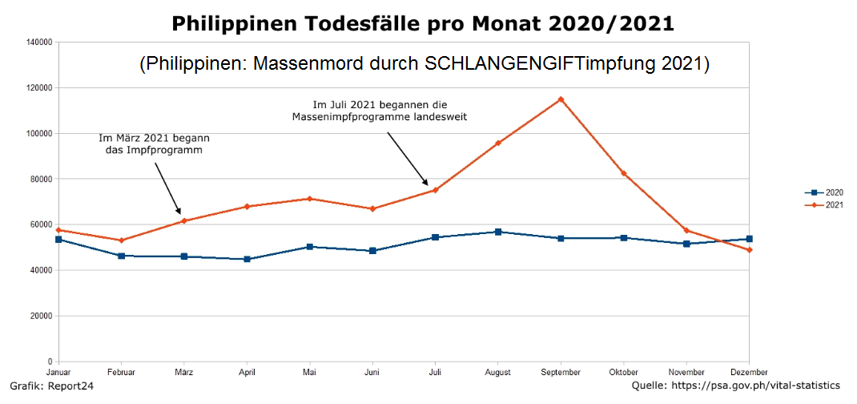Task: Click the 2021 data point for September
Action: click(561, 99)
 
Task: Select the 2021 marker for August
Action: click(498, 143)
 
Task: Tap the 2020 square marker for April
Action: click(247, 259)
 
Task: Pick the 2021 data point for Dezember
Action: click(749, 250)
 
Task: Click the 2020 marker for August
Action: click(498, 232)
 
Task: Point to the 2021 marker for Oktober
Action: click(623, 173)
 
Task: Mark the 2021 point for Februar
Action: click(121, 240)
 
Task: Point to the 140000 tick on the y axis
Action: click(39, 42)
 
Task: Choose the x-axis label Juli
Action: click(435, 373)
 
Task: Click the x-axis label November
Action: click(686, 373)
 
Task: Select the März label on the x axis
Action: click(183, 373)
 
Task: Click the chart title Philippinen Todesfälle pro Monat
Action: click(423, 23)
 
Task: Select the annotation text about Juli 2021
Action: click(379, 111)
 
